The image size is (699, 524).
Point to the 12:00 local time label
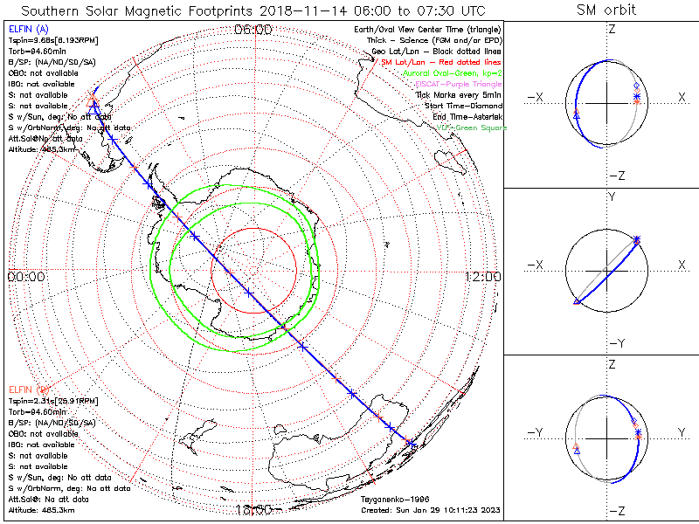482,277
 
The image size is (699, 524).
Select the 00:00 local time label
25,277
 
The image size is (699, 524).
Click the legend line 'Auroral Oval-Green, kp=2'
451,73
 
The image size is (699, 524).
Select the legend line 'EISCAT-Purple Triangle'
456,84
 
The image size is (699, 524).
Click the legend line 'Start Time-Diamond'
462,106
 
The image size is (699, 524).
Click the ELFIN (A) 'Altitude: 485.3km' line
41,149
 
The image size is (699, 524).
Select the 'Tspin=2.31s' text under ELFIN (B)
49,400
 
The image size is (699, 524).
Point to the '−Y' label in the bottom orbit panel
536,432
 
